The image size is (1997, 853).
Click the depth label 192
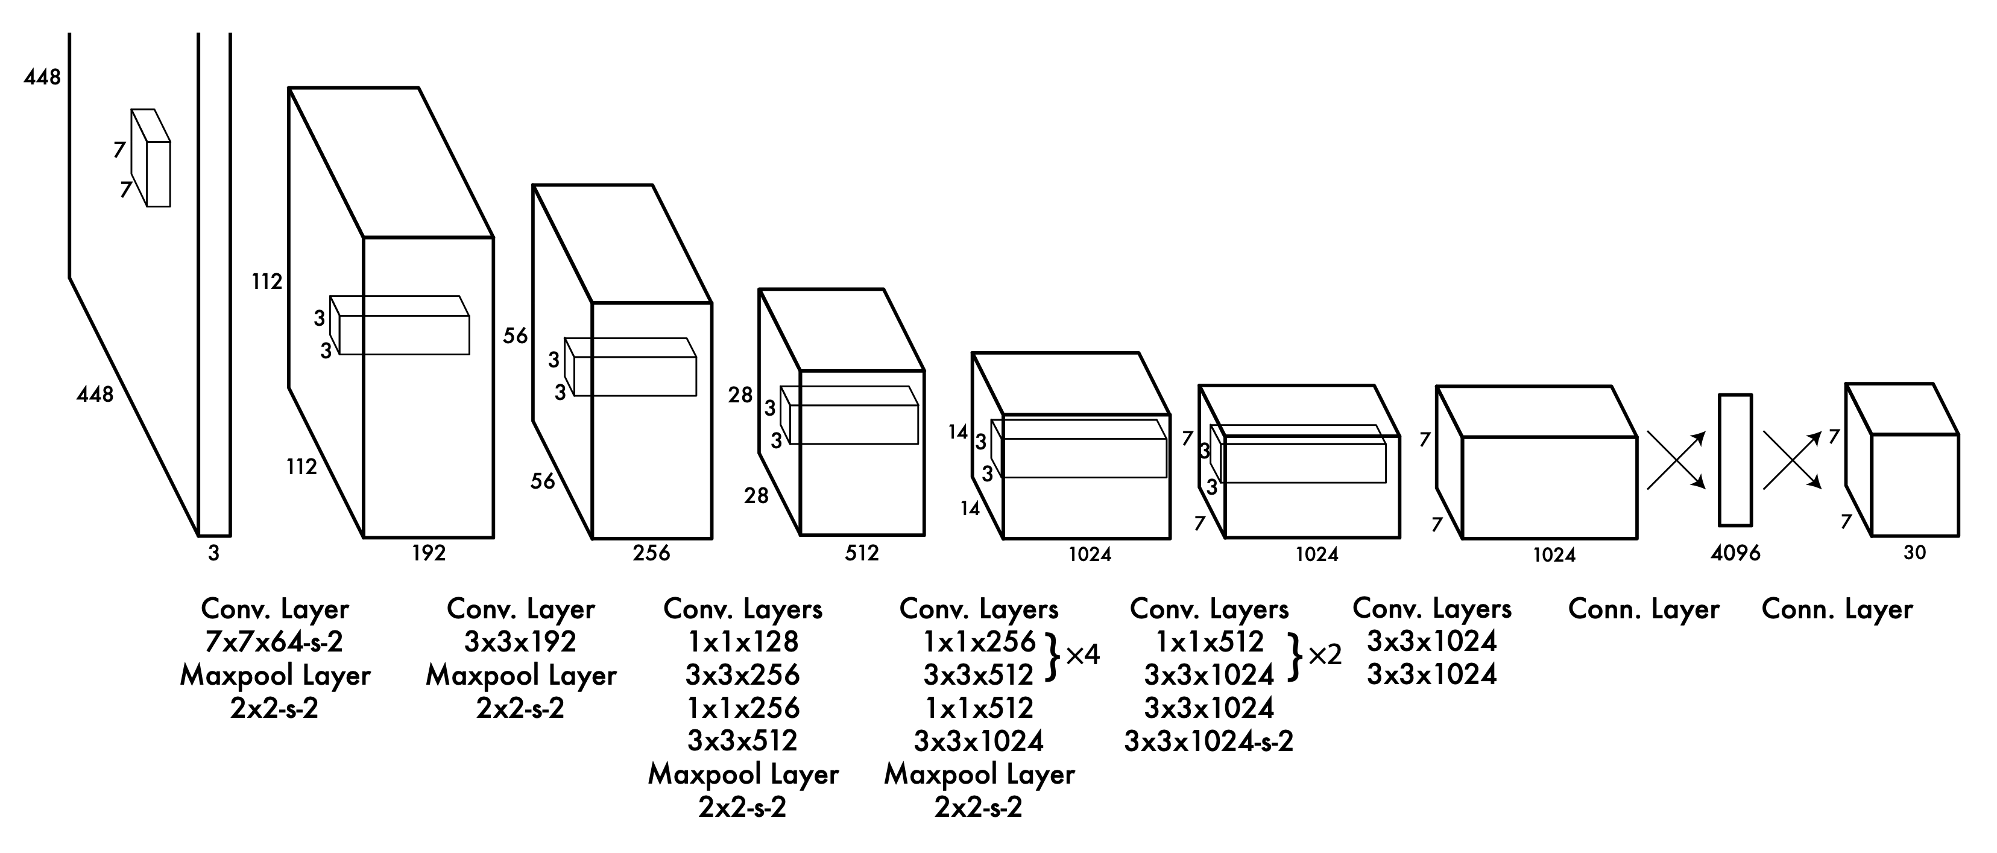point(429,553)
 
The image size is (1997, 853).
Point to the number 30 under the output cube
point(1914,553)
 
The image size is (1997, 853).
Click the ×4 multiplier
point(1083,655)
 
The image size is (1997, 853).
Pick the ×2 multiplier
point(1325,655)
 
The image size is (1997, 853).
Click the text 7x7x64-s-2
point(274,642)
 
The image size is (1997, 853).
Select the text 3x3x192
point(520,642)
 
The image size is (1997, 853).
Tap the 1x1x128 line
point(743,642)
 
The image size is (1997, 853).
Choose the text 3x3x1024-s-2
point(1208,741)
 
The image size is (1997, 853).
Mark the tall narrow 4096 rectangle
point(1735,460)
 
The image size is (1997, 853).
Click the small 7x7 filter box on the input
point(151,158)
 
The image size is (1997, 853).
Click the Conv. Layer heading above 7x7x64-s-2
point(274,609)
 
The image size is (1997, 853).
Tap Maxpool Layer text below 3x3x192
point(521,676)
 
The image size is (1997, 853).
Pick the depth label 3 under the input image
point(214,553)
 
